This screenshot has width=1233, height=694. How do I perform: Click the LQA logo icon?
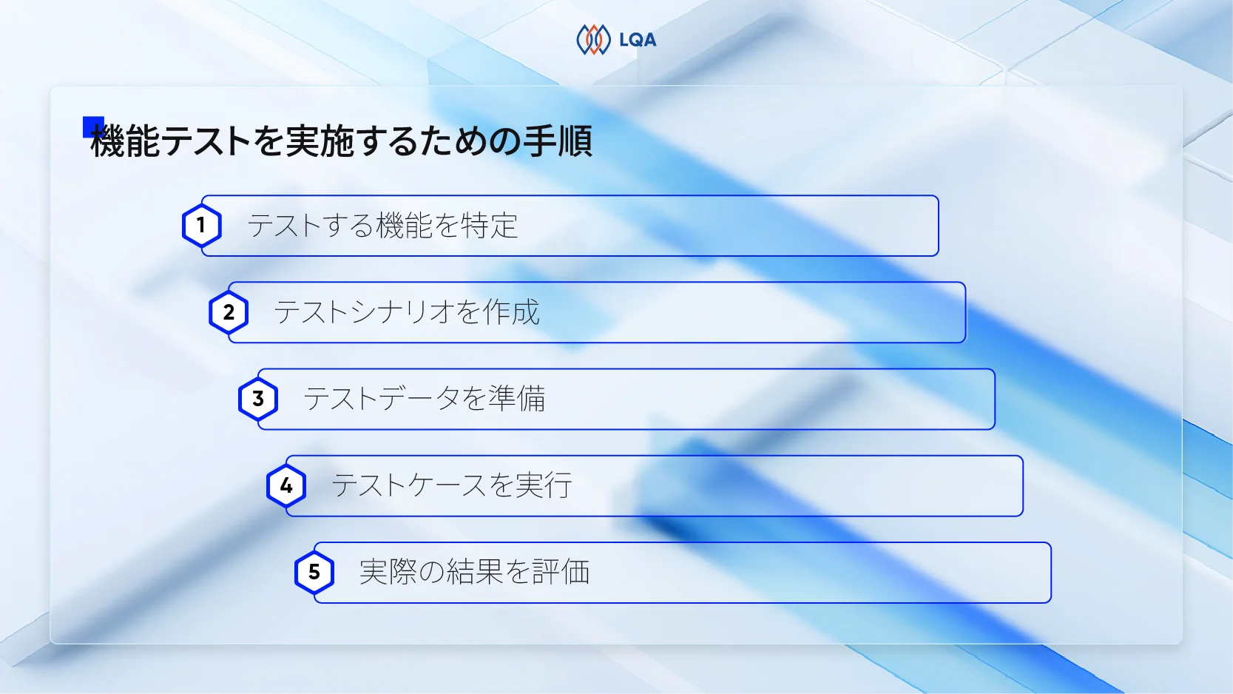tap(593, 40)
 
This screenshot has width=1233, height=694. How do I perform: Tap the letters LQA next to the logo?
tap(638, 41)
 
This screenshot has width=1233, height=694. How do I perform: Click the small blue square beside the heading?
tap(92, 127)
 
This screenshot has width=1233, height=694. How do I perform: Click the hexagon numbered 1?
tap(201, 226)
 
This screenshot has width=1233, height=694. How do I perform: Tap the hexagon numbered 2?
tap(229, 312)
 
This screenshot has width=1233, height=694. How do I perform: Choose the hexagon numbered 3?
tap(257, 399)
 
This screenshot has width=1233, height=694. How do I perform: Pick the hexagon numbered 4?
tap(286, 485)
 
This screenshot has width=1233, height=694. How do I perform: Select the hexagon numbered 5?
tap(314, 572)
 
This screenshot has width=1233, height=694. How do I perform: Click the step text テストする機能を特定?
tap(382, 226)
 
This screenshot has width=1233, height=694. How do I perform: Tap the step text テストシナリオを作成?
tap(407, 312)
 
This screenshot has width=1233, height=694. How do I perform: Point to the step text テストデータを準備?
tap(425, 399)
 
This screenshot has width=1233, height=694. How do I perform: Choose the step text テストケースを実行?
tap(452, 485)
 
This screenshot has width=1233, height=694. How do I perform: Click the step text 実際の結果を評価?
tap(474, 572)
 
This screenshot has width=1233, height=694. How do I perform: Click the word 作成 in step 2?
tap(511, 312)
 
